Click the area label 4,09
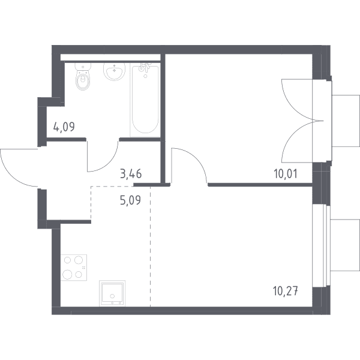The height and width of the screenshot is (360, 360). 64,127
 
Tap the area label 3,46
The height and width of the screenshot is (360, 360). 131,173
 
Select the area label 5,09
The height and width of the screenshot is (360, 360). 130,200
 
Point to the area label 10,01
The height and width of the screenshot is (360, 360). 286,174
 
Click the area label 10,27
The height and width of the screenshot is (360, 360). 286,291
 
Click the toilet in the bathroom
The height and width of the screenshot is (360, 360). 83,76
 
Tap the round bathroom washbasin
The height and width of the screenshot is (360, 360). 115,71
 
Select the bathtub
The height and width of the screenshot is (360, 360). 145,100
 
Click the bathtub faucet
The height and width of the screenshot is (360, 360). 144,67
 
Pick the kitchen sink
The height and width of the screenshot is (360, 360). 112,293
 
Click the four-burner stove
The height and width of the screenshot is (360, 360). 74,268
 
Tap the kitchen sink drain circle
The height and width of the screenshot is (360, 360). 112,296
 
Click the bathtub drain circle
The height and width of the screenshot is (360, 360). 145,76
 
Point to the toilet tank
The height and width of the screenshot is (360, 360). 83,67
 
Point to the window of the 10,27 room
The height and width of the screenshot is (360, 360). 322,245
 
